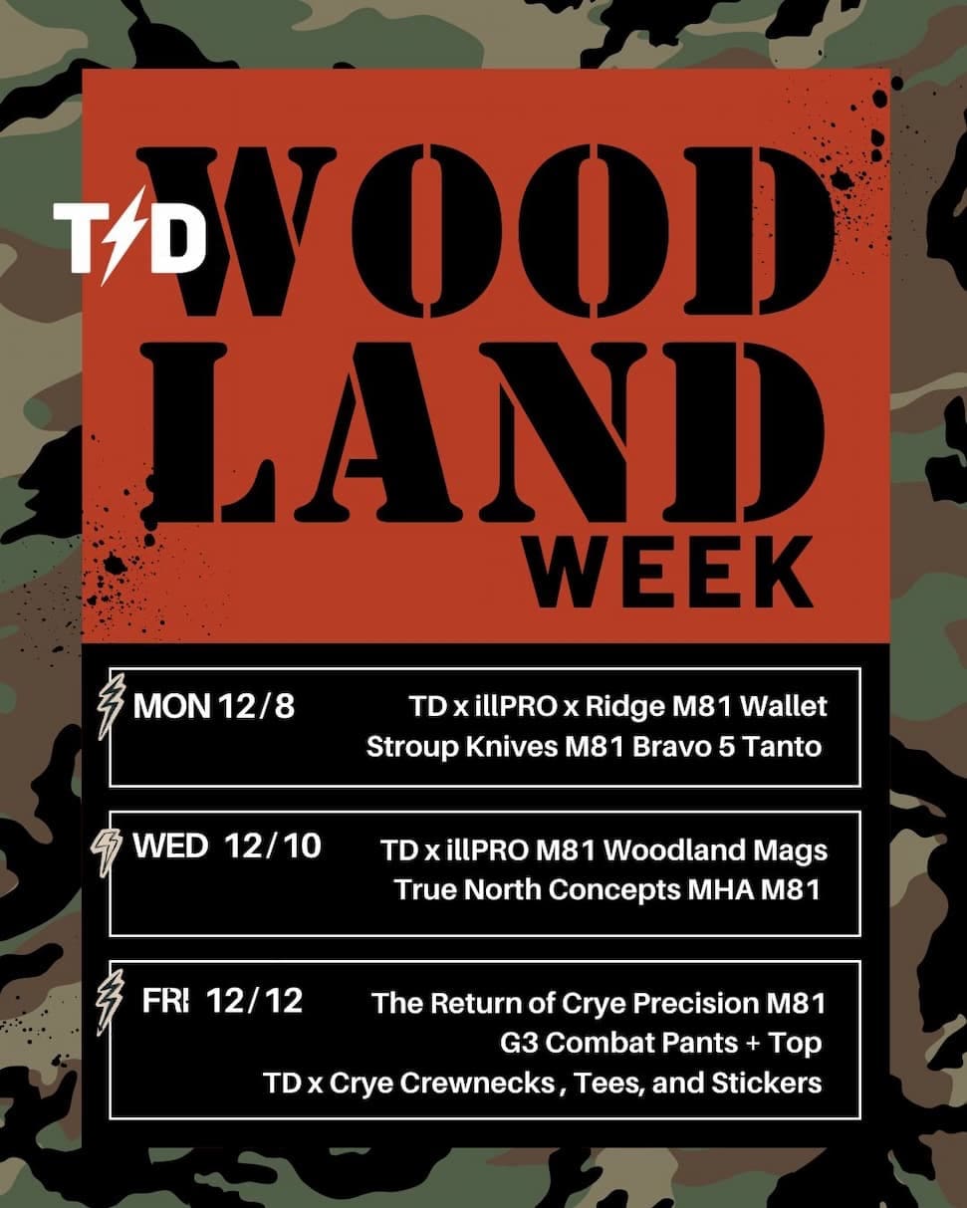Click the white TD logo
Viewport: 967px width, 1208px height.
click(129, 239)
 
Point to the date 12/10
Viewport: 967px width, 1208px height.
click(273, 847)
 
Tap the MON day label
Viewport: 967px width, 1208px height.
click(171, 707)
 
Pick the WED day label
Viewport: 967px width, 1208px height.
click(170, 847)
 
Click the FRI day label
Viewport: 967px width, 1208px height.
click(165, 1001)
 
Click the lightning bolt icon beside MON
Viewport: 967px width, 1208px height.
click(117, 706)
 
